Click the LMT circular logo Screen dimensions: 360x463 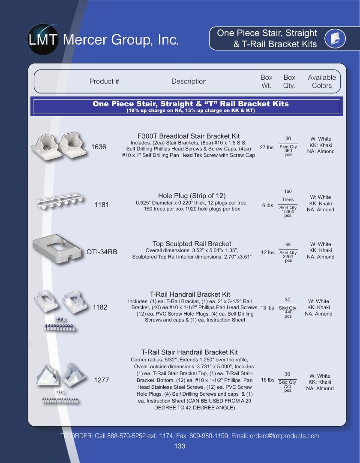click(43, 39)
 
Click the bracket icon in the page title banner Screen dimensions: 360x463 click(335, 39)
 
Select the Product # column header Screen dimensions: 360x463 click(104, 81)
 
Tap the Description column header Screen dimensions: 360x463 click(189, 81)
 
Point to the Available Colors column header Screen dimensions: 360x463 click(321, 81)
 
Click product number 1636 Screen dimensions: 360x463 click(99, 147)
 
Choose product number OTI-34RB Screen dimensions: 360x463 click(102, 252)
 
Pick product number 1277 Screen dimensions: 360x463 click(102, 380)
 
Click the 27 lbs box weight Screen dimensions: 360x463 click(267, 147)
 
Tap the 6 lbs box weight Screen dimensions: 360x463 click(267, 205)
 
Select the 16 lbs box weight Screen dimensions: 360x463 click(267, 380)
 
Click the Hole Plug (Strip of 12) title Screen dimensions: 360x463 click(192, 196)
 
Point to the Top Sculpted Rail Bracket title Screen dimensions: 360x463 click(192, 244)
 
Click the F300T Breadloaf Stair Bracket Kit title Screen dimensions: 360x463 click(189, 136)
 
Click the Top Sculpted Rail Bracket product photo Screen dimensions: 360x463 click(57, 249)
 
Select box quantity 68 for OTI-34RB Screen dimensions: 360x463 click(288, 244)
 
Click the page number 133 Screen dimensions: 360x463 click(180, 446)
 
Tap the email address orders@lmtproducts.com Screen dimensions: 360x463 click(285, 436)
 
